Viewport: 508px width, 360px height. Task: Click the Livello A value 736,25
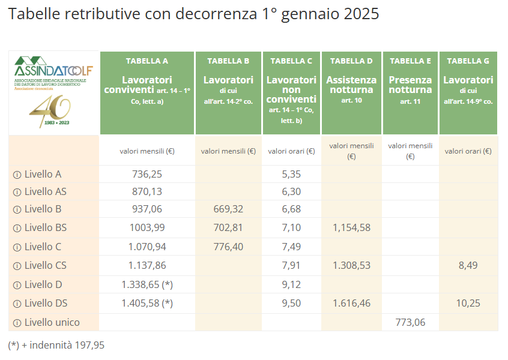[147, 175]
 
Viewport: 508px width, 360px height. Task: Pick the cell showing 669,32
[228, 209]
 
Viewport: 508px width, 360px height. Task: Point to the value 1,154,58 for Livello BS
[351, 227]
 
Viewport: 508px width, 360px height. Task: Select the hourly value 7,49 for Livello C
[291, 247]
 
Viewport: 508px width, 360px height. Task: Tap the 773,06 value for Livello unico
[410, 322]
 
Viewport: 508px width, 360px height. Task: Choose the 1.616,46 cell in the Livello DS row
[351, 303]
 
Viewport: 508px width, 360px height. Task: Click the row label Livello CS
[46, 265]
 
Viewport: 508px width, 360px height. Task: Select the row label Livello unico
[52, 322]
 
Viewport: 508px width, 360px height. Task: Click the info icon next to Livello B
[17, 209]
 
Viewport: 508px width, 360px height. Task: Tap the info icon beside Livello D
[17, 284]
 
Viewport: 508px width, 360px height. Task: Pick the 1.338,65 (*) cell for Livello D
[147, 284]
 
